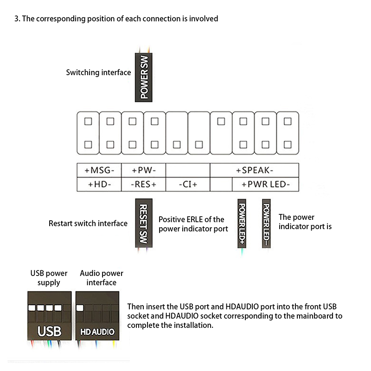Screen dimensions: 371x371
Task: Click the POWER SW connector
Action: [x=144, y=77]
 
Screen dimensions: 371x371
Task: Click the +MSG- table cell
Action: [x=99, y=170]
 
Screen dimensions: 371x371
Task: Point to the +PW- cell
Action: [x=144, y=170]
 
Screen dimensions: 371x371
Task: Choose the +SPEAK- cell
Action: [x=255, y=170]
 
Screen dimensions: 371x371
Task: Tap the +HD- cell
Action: [x=99, y=184]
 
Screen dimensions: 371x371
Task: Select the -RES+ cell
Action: [x=144, y=184]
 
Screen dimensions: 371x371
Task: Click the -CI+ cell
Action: [x=188, y=184]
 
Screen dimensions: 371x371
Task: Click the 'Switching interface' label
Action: [x=98, y=72]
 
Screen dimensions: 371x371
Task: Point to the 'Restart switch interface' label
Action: [x=88, y=224]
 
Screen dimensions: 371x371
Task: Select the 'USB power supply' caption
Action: [x=49, y=278]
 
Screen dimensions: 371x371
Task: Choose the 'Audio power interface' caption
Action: [x=102, y=278]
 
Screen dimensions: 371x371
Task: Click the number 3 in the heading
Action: [x=17, y=19]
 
